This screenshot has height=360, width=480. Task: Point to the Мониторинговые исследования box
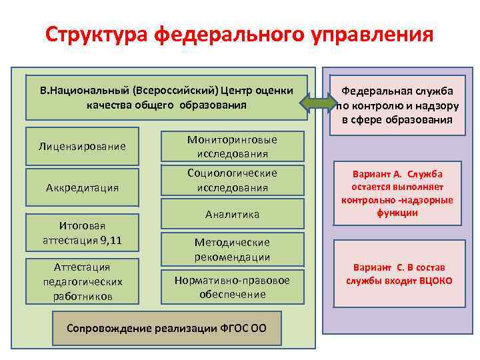[x=232, y=146]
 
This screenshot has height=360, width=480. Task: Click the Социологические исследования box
[x=232, y=180]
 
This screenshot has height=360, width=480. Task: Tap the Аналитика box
[x=232, y=214]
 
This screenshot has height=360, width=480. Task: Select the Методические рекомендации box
[x=232, y=249]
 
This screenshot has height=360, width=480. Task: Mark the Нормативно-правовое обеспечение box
[x=232, y=287]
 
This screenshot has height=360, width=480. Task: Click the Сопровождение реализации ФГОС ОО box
[x=166, y=329]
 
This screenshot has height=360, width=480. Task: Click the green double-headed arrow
[x=319, y=102]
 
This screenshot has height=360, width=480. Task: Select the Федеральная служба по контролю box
[x=397, y=105]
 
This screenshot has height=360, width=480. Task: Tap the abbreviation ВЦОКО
[x=435, y=281]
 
